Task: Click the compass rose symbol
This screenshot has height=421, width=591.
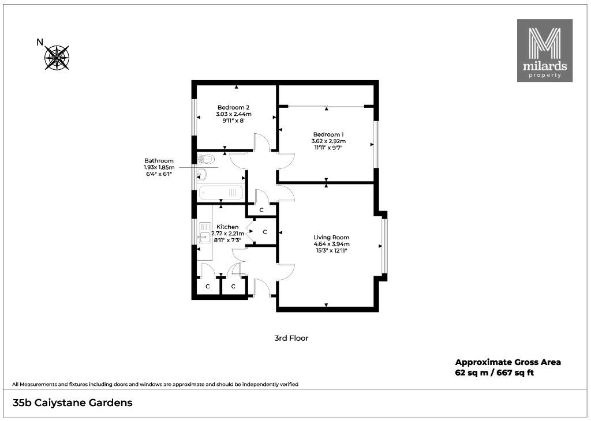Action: coord(57,58)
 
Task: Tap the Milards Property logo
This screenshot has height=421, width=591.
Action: coord(545,50)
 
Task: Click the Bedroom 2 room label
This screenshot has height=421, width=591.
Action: coord(233,107)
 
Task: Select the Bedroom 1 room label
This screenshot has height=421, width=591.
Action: coord(328,134)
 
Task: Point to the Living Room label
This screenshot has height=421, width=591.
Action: coord(331,237)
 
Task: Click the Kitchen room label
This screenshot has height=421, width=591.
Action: coord(227,227)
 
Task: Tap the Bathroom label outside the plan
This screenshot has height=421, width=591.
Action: coord(159,161)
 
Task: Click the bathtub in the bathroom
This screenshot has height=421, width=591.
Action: coord(221,193)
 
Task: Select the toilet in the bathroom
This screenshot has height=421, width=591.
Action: coord(205,159)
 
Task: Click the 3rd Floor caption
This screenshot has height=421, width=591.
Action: coord(291,338)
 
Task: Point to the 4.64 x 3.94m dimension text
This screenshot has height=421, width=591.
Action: coord(331,243)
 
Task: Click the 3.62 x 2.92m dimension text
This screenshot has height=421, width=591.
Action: coord(328,141)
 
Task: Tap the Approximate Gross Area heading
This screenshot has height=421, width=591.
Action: coord(508,362)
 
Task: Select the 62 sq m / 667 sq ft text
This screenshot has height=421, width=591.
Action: coord(495,373)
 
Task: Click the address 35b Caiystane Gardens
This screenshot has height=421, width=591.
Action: coord(72,403)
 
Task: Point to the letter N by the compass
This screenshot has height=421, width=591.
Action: coord(40,42)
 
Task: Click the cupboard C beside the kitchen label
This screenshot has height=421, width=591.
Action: coord(264,232)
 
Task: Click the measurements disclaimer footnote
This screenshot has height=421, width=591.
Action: coord(155,385)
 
